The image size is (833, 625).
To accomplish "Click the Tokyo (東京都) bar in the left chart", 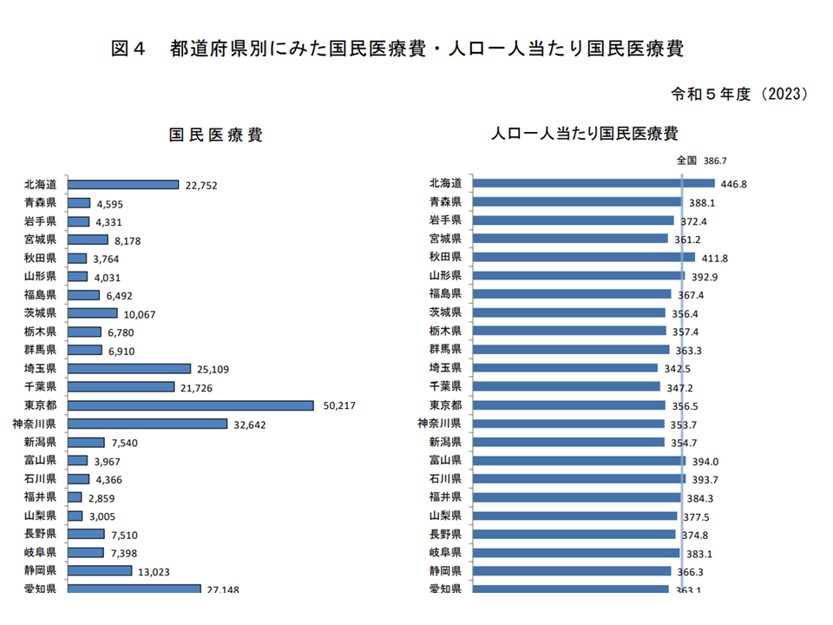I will pyautogui.click(x=190, y=405).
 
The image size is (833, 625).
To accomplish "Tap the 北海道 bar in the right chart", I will pyautogui.click(x=594, y=183).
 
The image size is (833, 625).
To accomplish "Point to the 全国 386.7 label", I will pyautogui.click(x=701, y=161).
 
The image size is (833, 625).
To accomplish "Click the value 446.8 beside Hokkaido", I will pyautogui.click(x=733, y=184).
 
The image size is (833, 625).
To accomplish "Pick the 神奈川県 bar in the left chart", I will pyautogui.click(x=148, y=424).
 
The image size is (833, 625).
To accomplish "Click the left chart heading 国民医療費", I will pyautogui.click(x=215, y=135).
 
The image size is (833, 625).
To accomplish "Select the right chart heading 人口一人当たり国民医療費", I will pyautogui.click(x=584, y=135).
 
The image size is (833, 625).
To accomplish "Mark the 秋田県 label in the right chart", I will pyautogui.click(x=445, y=257).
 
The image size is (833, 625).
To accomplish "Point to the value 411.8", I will pyautogui.click(x=713, y=258).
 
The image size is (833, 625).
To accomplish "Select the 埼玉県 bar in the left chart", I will pyautogui.click(x=128, y=369).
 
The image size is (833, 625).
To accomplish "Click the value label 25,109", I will pyautogui.click(x=215, y=369).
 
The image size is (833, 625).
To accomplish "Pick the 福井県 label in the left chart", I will pyautogui.click(x=40, y=497).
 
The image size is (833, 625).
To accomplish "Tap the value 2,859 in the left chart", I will pyautogui.click(x=101, y=498).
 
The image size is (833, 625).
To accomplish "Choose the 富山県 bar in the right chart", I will pyautogui.click(x=580, y=460).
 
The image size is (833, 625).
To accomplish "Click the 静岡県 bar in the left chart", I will pyautogui.click(x=100, y=570).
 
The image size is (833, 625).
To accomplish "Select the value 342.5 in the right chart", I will pyautogui.click(x=676, y=369).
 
